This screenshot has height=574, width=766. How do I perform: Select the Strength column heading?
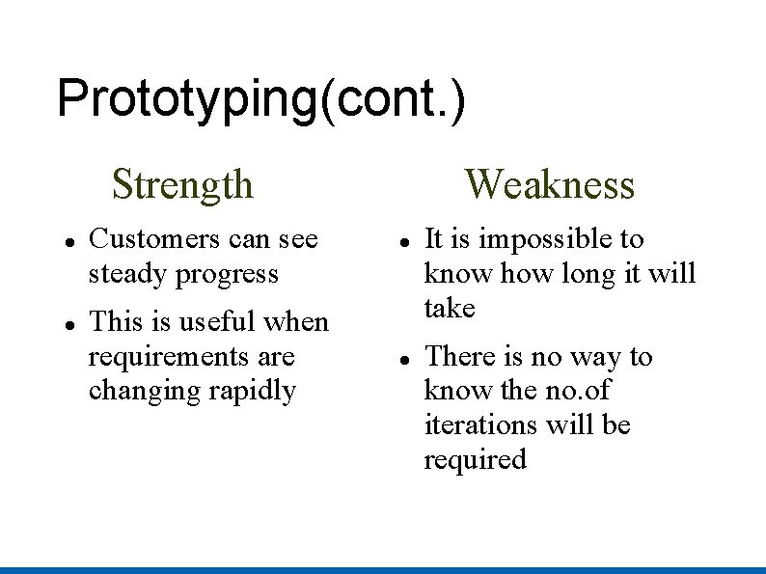(x=182, y=183)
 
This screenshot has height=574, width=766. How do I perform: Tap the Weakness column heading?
(x=549, y=183)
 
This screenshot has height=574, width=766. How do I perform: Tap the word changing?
(x=135, y=392)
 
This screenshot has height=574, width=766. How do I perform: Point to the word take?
(x=450, y=309)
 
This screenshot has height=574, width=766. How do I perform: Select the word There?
(x=458, y=357)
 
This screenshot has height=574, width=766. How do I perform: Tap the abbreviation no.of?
(x=575, y=391)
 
